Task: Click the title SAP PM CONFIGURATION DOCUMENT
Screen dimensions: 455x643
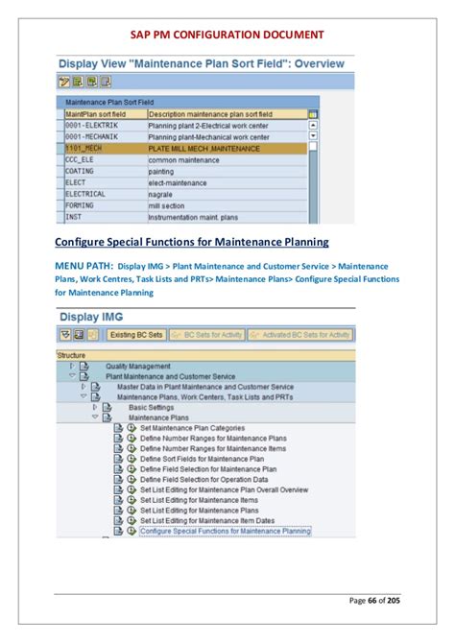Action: coord(227,36)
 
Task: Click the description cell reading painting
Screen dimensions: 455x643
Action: coord(162,171)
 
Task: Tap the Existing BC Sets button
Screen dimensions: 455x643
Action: coord(136,335)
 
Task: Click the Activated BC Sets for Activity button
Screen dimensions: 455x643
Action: coord(299,335)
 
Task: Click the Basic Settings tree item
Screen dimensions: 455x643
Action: coord(151,406)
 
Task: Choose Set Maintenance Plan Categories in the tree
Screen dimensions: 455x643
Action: coord(192,428)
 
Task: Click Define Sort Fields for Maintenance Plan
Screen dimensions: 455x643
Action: coord(201,459)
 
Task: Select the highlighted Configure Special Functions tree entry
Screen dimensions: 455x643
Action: coord(226,530)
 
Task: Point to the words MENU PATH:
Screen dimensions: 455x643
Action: coord(84,265)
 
